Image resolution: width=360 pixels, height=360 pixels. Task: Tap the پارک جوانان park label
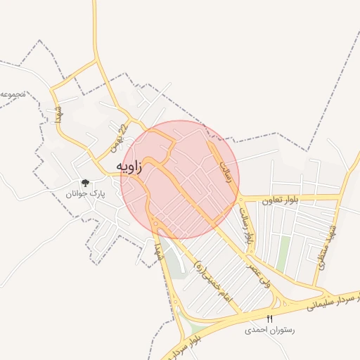[x=84, y=193]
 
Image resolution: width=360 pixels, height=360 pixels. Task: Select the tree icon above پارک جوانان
[x=85, y=183]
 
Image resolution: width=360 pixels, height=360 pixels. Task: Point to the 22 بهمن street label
[x=117, y=139]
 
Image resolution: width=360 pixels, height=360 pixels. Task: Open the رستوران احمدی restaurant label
[x=269, y=329]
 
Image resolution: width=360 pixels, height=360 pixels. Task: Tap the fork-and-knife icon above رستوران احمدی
[x=269, y=319]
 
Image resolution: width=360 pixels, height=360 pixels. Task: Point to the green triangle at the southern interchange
[x=198, y=330]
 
